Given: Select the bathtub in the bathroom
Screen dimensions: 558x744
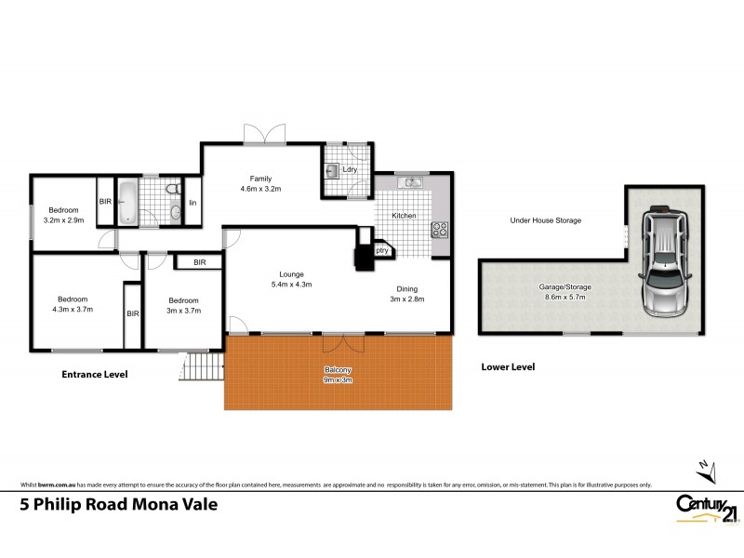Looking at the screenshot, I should [x=128, y=202].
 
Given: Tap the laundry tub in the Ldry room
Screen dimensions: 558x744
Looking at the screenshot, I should [x=332, y=169].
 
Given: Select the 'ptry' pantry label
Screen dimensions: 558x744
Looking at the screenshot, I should [x=381, y=249].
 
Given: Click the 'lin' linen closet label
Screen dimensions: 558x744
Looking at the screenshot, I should [x=193, y=203].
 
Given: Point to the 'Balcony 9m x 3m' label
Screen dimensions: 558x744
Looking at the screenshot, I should [x=337, y=374].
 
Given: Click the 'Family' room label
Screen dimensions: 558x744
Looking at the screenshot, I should [x=259, y=179].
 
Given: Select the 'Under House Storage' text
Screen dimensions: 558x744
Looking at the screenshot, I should [x=545, y=220].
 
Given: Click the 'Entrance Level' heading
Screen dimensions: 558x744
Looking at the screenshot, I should [x=94, y=374].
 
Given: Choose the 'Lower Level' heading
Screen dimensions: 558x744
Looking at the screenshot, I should [x=508, y=366].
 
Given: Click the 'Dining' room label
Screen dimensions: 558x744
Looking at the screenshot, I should [x=406, y=288].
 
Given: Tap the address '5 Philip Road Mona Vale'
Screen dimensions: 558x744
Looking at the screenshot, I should [x=118, y=505].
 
